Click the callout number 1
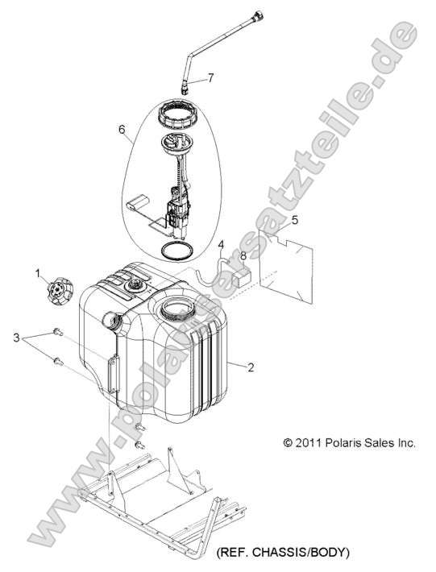pyautogui.click(x=38, y=272)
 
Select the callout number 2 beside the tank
pyautogui.click(x=251, y=367)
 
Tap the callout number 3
pyautogui.click(x=16, y=338)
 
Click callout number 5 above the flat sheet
pyautogui.click(x=294, y=220)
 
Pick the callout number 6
pyautogui.click(x=122, y=130)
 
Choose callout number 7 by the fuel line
pyautogui.click(x=210, y=77)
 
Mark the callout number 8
pyautogui.click(x=243, y=256)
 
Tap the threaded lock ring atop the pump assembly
pyautogui.click(x=177, y=115)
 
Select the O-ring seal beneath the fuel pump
pyautogui.click(x=177, y=251)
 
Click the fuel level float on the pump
pyautogui.click(x=139, y=202)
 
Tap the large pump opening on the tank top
pyautogui.click(x=177, y=309)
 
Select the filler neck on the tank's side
pyautogui.click(x=112, y=321)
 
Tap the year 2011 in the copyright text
pyautogui.click(x=309, y=443)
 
